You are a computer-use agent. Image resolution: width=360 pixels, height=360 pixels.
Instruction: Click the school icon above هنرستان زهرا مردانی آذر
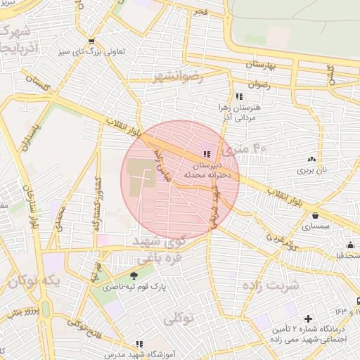pyautogui.click(x=239, y=96)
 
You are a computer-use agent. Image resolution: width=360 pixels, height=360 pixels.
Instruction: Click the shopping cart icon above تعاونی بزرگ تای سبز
pyautogui.click(x=92, y=41)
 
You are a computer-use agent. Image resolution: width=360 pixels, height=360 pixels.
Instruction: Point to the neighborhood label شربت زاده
pyautogui.click(x=270, y=285)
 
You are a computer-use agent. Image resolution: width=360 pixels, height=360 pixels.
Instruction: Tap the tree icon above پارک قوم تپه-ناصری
pyautogui.click(x=134, y=275)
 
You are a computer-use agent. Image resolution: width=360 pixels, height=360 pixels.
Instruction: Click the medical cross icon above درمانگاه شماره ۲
pyautogui.click(x=307, y=319)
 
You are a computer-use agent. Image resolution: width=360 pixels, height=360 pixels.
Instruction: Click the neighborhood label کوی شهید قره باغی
pyautogui.click(x=160, y=249)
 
